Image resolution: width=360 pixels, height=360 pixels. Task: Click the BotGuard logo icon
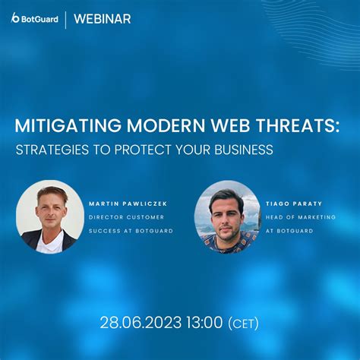[16, 18]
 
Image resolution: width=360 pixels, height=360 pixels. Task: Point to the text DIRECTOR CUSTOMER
[126, 216]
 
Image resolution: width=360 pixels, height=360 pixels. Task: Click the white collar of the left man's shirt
[49, 237]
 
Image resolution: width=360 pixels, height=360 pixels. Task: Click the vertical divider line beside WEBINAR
[65, 19]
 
